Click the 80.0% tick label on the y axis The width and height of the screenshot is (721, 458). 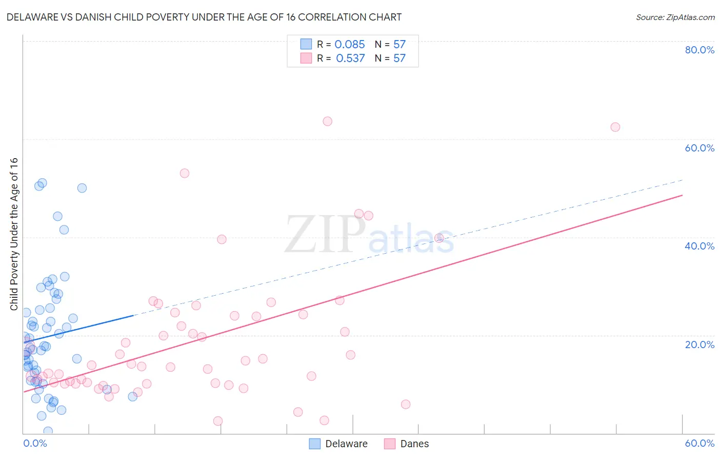699,50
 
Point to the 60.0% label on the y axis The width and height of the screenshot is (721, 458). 699,148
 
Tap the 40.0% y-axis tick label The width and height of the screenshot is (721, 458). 699,246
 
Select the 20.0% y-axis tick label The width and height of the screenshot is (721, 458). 699,345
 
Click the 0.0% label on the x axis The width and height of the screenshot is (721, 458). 35,443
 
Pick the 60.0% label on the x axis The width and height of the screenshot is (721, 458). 699,443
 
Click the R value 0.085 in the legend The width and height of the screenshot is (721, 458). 350,45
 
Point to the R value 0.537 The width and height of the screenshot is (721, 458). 350,59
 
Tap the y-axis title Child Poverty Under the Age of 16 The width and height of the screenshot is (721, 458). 14,234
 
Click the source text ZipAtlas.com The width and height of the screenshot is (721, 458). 675,17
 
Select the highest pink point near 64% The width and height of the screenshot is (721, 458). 327,121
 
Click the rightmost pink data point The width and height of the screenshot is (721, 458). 615,127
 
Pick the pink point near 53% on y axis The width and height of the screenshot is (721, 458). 185,173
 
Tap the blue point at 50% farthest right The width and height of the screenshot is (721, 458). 82,188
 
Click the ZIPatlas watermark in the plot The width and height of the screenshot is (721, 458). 369,235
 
